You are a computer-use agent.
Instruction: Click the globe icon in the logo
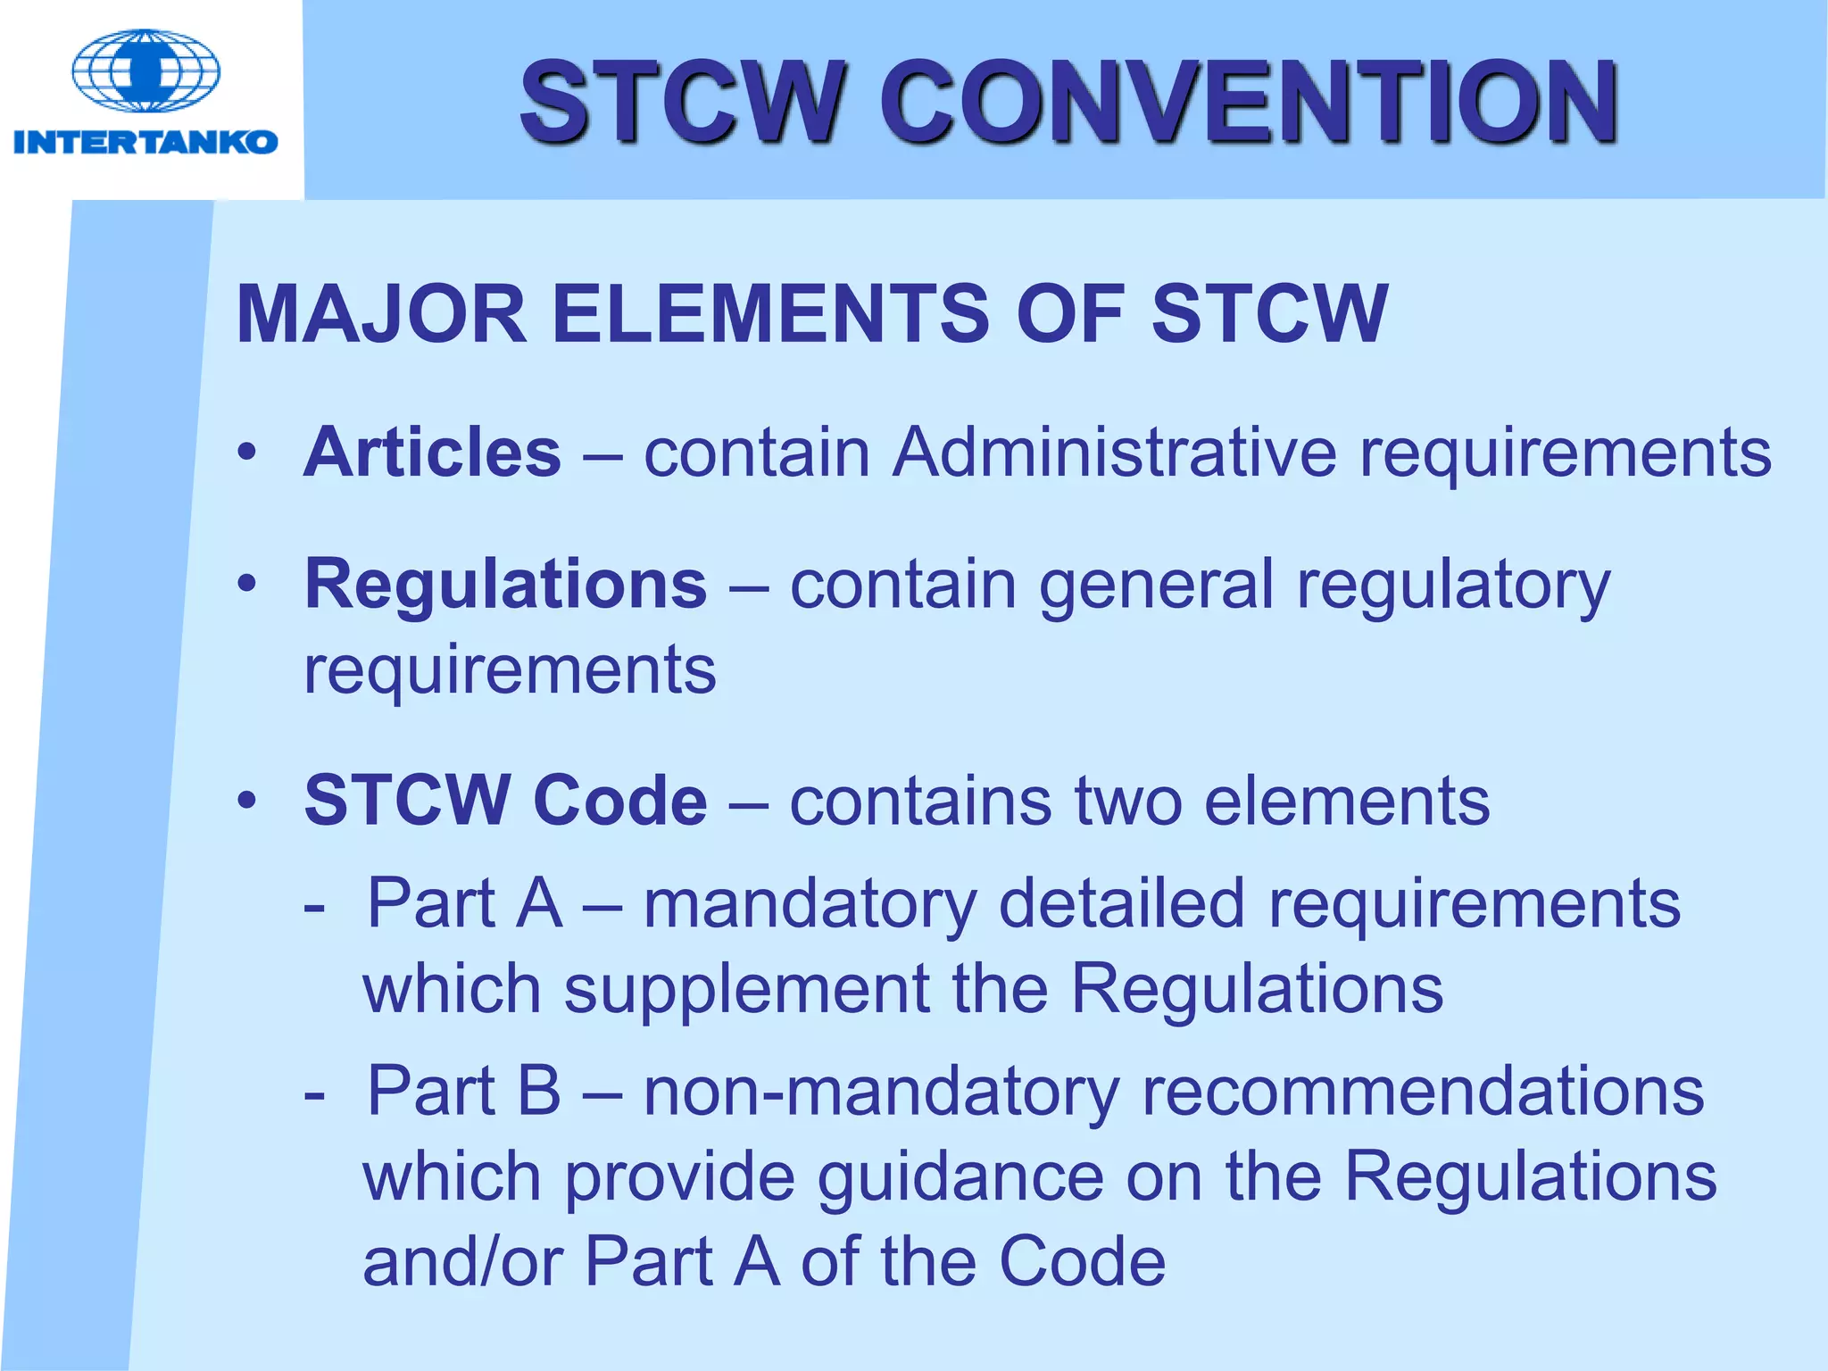(145, 71)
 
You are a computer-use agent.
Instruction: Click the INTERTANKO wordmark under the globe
(145, 142)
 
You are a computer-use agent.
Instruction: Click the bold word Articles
(433, 453)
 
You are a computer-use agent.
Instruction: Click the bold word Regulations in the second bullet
(506, 585)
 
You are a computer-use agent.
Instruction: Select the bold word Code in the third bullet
(619, 800)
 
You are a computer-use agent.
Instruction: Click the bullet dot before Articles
(247, 453)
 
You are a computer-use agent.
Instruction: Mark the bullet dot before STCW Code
(247, 801)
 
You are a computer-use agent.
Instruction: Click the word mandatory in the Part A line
(810, 905)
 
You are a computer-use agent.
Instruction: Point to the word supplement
(746, 991)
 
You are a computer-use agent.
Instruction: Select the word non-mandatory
(881, 1093)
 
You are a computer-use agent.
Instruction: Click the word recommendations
(1423, 1092)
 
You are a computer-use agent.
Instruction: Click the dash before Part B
(314, 1093)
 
